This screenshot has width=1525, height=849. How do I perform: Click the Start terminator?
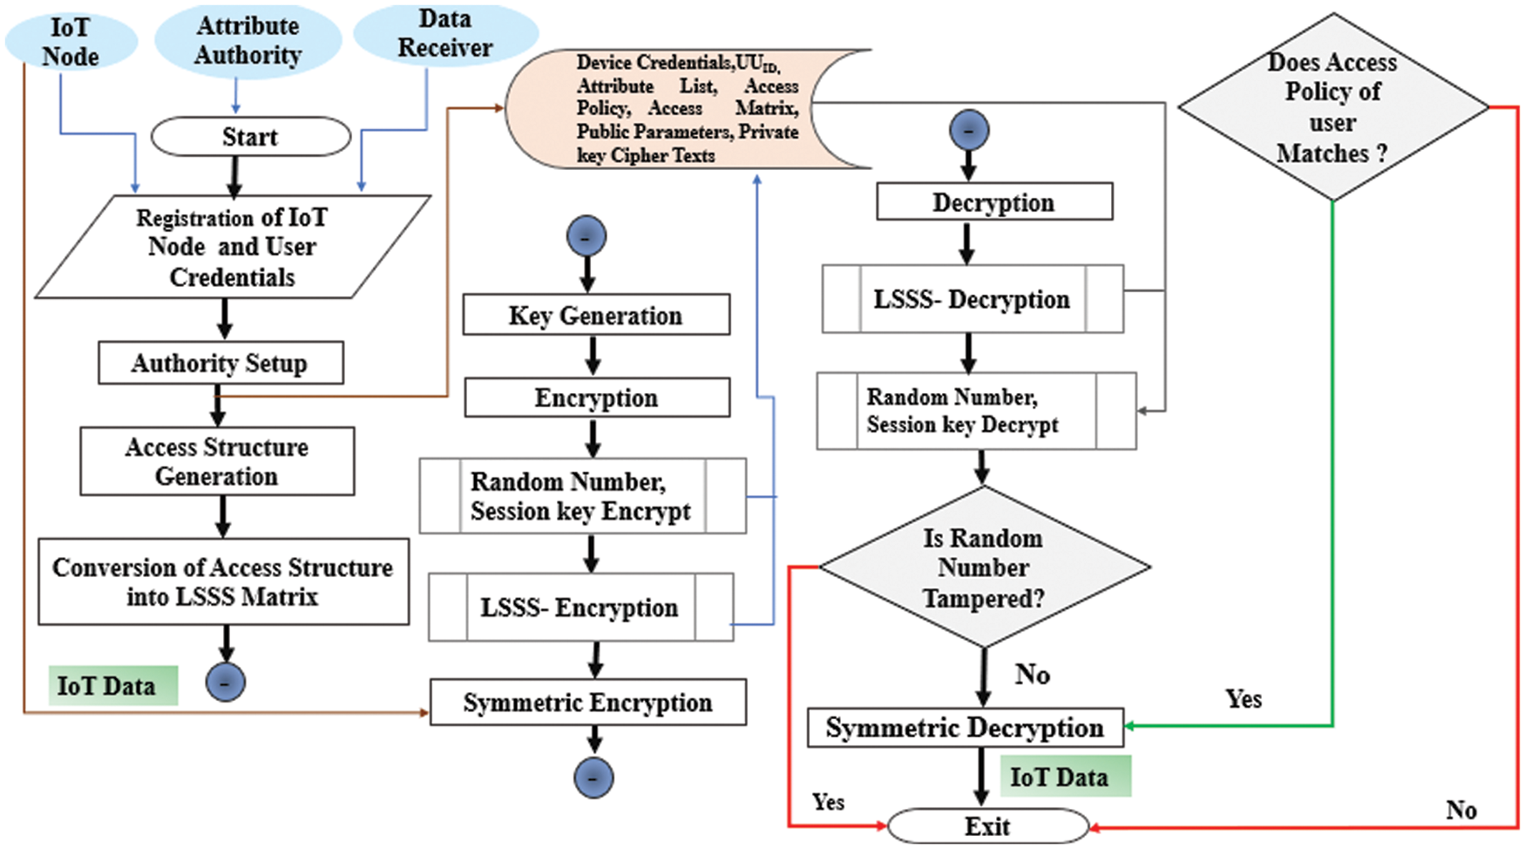[x=250, y=137]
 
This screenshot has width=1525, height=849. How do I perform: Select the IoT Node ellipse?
[x=71, y=41]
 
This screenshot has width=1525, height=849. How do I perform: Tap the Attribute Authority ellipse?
[x=247, y=40]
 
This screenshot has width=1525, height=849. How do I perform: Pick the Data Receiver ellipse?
[x=445, y=33]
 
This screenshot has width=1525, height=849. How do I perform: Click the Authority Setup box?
[x=220, y=363]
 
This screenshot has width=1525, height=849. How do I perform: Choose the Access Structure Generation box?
[x=217, y=461]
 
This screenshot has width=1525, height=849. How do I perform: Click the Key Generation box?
[x=596, y=315]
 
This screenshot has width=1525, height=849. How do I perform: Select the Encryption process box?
[x=597, y=397]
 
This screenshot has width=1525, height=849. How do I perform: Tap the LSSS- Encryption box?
[x=580, y=607]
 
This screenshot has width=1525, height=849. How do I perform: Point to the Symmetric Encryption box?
[x=588, y=703]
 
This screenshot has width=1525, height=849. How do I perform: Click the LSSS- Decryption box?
[x=972, y=299]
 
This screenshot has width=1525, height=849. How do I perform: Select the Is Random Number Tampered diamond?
[x=984, y=567]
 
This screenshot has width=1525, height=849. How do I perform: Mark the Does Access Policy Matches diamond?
[x=1332, y=107]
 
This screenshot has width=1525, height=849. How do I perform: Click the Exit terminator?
[x=987, y=825]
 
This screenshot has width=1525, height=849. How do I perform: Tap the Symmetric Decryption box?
[x=965, y=727]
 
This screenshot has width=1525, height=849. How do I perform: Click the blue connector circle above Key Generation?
[x=586, y=236]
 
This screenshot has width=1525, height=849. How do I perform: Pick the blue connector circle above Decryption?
[x=968, y=130]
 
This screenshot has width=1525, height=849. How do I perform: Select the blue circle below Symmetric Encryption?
[x=593, y=778]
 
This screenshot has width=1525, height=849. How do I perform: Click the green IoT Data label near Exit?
[x=1064, y=776]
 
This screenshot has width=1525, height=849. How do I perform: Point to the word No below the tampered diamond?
[x=1033, y=674]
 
